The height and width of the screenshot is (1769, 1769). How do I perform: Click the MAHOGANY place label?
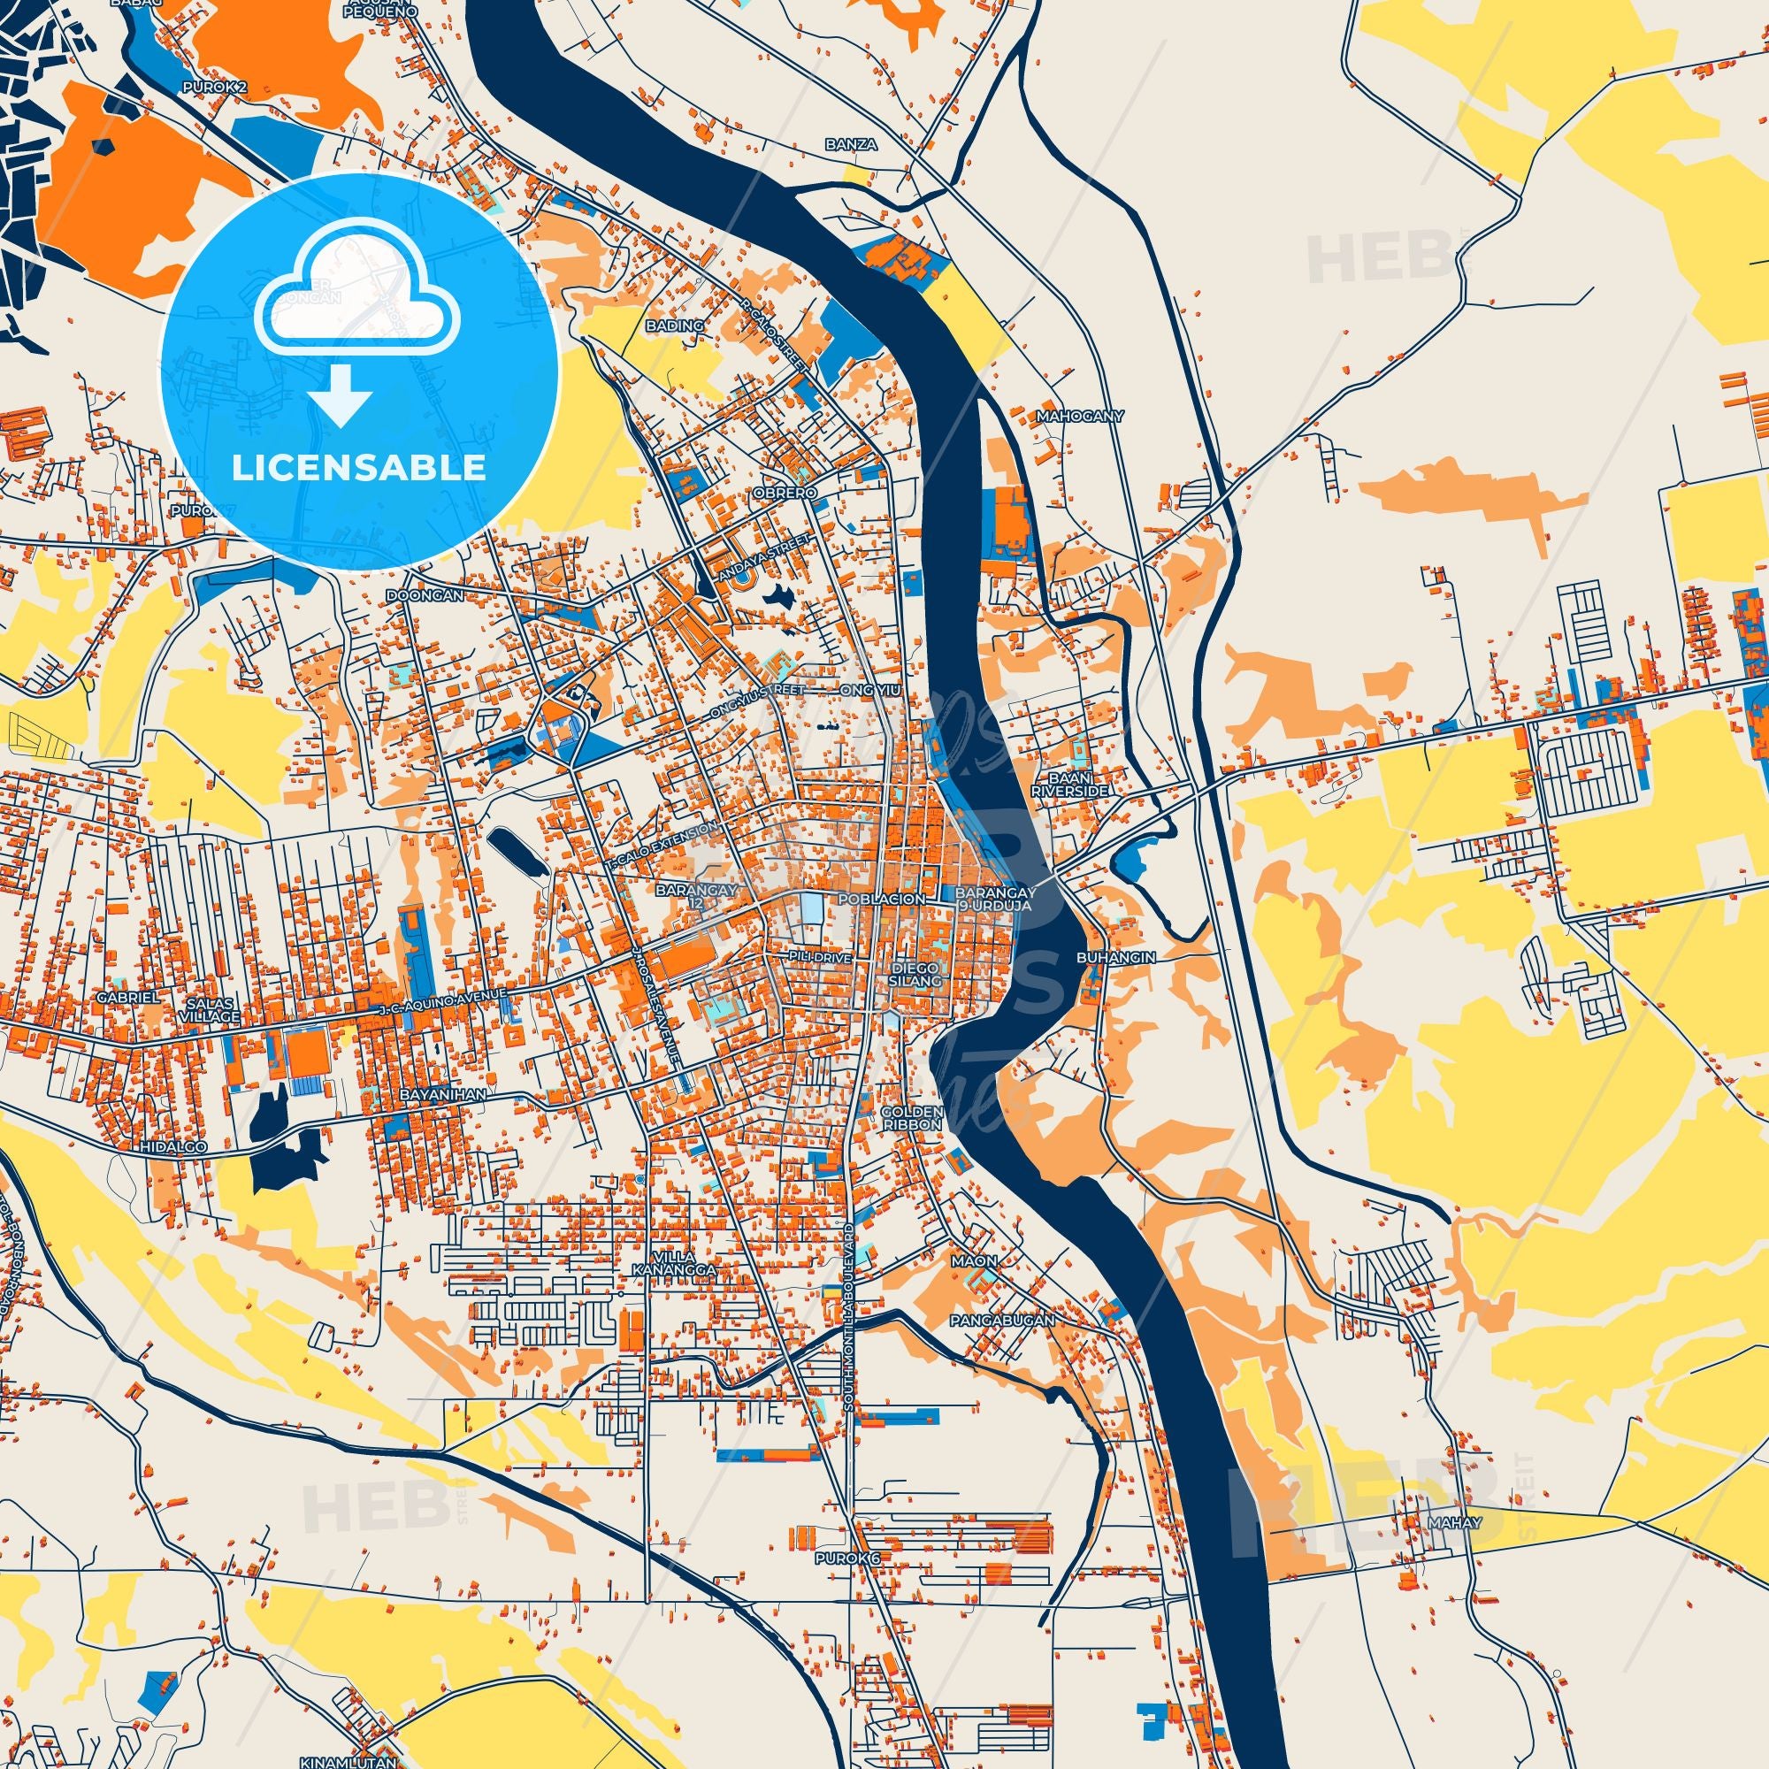[x=1078, y=416]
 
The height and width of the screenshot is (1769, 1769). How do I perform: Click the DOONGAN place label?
[x=425, y=594]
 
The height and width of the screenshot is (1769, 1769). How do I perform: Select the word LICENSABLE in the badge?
[x=359, y=468]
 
